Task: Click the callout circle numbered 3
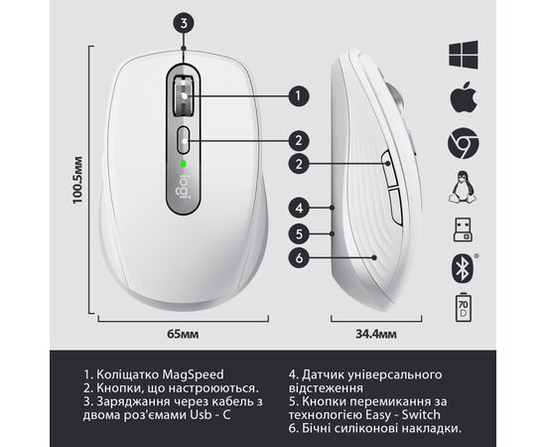coord(184,24)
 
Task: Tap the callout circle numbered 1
coord(299,95)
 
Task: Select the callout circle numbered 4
coord(299,209)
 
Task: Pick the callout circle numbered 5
coord(299,233)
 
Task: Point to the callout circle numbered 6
coord(299,258)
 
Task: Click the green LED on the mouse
coord(184,163)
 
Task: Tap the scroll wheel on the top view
coord(184,95)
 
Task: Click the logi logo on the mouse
coord(184,187)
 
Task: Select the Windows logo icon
coord(464,55)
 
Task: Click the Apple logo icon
coord(464,97)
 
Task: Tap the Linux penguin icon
coord(463,187)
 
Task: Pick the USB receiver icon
coord(463,229)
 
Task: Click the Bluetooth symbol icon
coord(463,268)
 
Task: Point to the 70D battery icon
coord(464,307)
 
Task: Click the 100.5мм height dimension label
coord(77,180)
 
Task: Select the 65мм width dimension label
coord(183,334)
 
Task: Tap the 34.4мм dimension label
coord(376,334)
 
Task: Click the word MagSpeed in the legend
coord(193,374)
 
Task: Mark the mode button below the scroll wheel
coord(184,140)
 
